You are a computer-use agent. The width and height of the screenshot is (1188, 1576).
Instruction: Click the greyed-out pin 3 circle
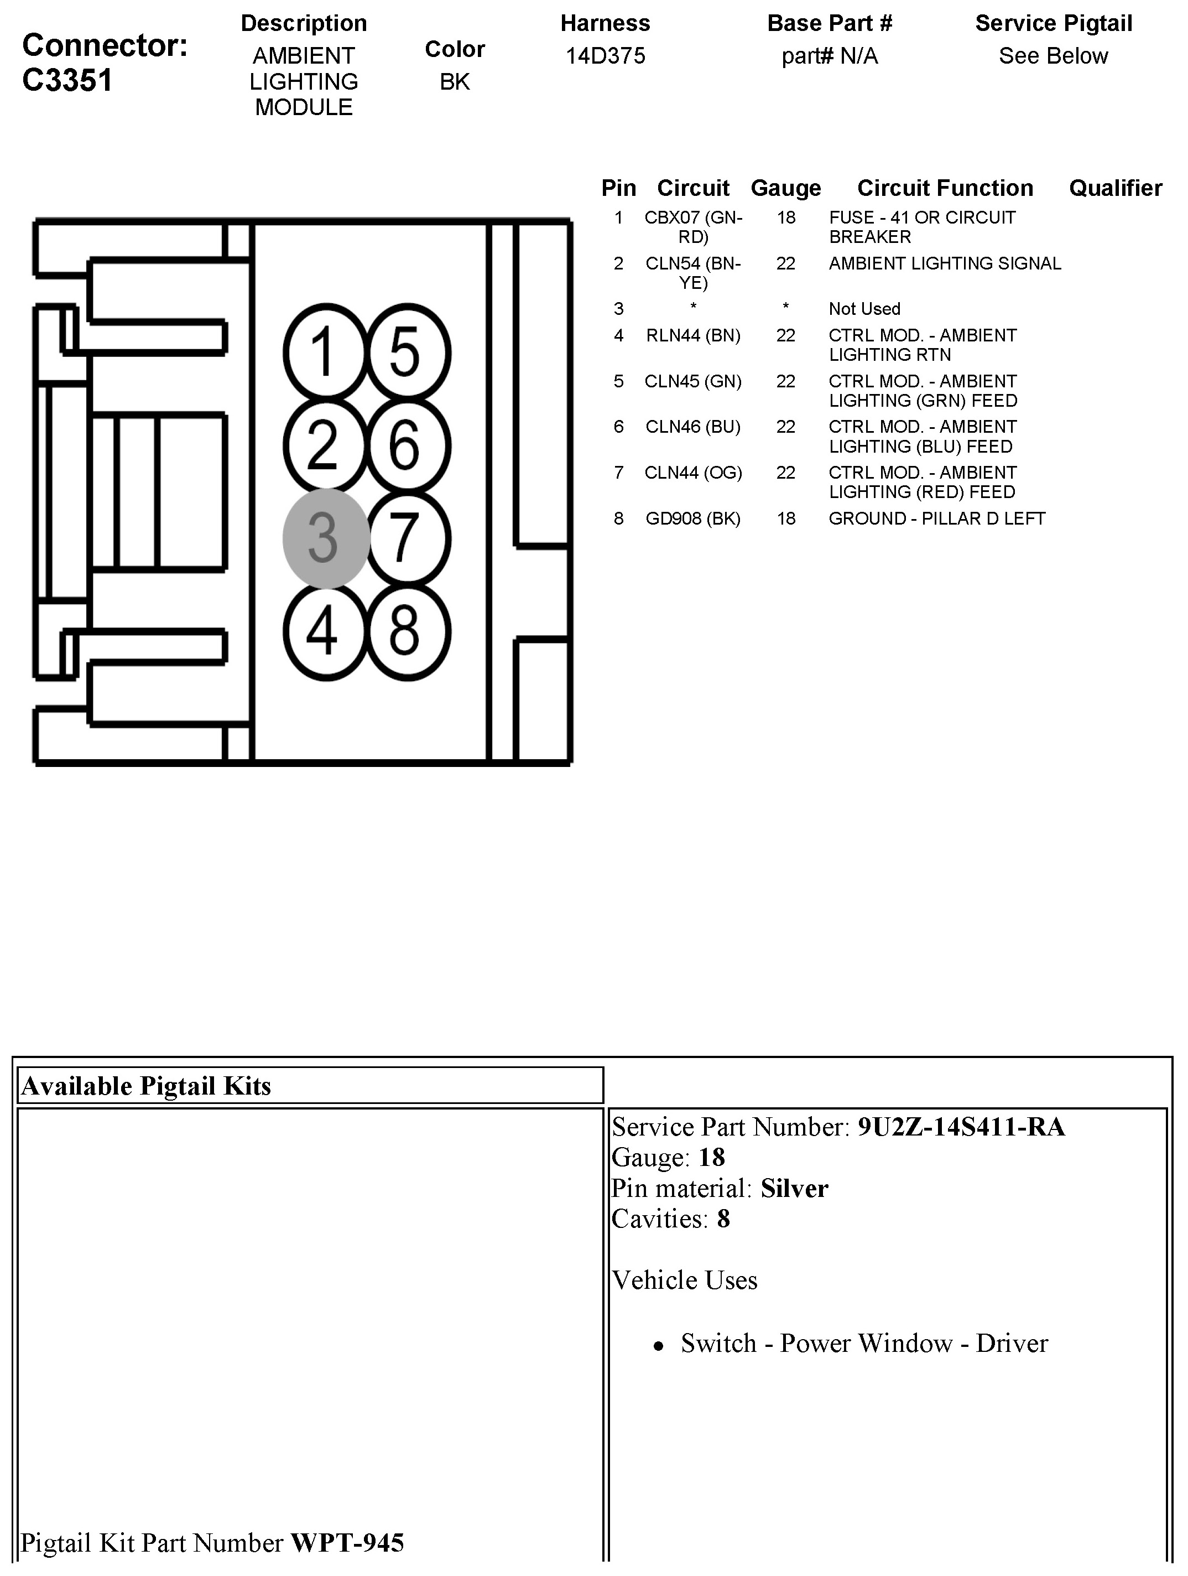(325, 538)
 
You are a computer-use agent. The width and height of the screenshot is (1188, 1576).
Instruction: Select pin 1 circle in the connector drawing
(325, 351)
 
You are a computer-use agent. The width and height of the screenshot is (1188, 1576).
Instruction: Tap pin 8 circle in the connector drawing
(408, 631)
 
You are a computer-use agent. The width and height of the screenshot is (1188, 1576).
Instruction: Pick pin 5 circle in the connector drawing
(408, 351)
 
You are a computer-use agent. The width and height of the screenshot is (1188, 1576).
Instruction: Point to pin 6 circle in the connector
(408, 445)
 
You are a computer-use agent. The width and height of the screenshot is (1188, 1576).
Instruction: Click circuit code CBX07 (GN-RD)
(693, 226)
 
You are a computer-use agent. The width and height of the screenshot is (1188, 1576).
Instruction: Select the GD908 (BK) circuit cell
(693, 519)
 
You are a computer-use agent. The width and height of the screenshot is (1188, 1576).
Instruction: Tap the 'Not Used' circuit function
(864, 308)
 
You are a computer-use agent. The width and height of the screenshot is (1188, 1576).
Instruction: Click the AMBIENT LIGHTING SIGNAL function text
(945, 263)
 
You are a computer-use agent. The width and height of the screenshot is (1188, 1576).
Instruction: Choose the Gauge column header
(785, 188)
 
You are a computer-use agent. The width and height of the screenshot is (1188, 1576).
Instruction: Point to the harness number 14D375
(606, 55)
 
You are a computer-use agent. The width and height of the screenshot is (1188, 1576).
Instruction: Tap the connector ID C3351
(67, 80)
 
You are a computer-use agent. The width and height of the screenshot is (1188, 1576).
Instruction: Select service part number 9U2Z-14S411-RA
(961, 1127)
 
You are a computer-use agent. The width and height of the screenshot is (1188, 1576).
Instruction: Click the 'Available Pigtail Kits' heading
(147, 1086)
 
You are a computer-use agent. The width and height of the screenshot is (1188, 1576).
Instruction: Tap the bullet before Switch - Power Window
(659, 1345)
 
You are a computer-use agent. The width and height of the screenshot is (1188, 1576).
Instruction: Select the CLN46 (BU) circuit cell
(693, 427)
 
